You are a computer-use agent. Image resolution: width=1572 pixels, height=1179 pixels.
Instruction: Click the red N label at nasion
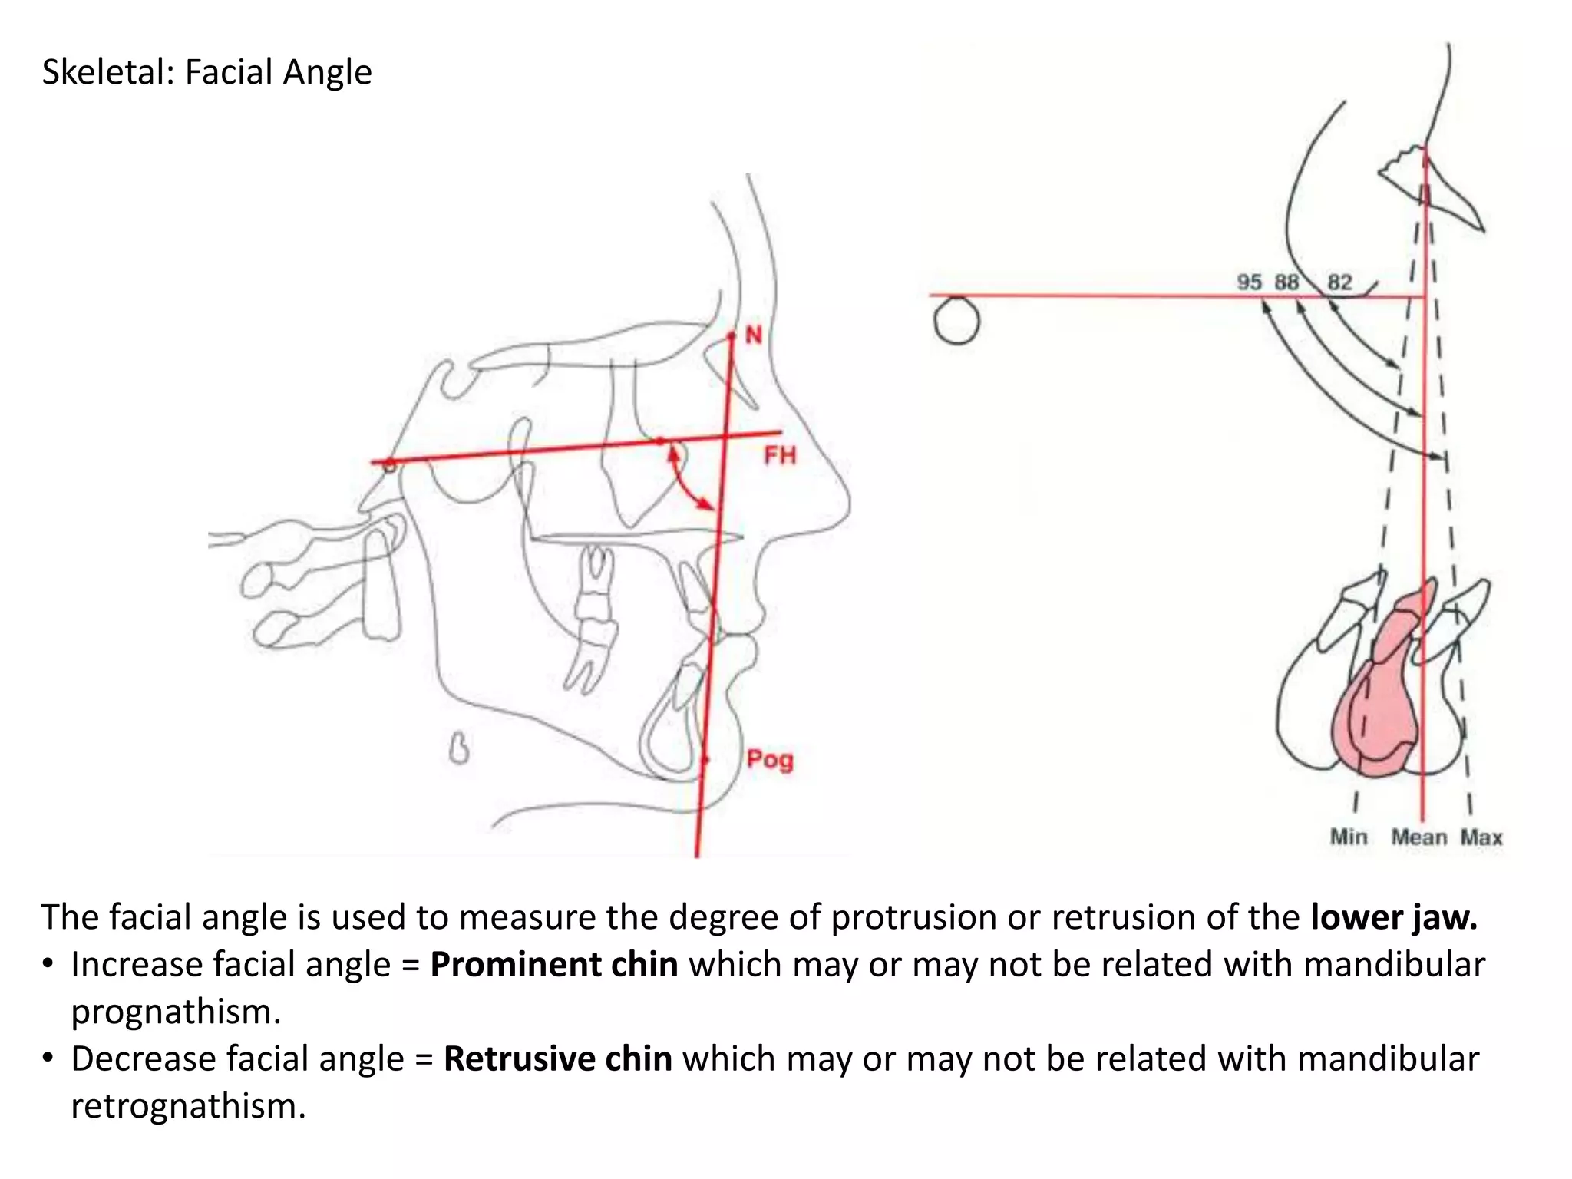754,335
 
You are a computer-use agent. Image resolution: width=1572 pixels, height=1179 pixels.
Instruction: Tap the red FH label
780,456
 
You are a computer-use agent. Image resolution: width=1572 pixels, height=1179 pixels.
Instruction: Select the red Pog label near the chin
769,760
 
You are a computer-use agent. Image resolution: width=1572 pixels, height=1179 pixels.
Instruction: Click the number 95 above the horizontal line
1249,282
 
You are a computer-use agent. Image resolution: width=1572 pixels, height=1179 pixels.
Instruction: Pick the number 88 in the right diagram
1286,282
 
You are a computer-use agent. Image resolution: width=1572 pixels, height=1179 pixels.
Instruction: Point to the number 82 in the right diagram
1339,282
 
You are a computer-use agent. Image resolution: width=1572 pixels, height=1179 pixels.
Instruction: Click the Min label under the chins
1349,837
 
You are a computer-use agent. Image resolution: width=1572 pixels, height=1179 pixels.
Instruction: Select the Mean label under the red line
1418,837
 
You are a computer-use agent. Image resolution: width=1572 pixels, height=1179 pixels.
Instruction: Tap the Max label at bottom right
1481,837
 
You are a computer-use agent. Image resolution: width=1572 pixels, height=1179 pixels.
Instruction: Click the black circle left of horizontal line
957,322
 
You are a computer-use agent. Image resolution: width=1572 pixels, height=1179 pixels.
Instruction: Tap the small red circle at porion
389,465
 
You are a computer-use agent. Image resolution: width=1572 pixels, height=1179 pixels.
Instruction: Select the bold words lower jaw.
1393,917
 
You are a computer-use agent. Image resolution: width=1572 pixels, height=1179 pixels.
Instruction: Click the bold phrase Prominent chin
553,965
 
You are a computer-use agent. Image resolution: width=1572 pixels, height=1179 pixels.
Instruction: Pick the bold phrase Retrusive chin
558,1059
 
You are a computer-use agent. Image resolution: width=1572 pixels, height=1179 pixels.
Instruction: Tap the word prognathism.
176,1012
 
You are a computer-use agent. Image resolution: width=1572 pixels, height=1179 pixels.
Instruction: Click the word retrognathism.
188,1106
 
